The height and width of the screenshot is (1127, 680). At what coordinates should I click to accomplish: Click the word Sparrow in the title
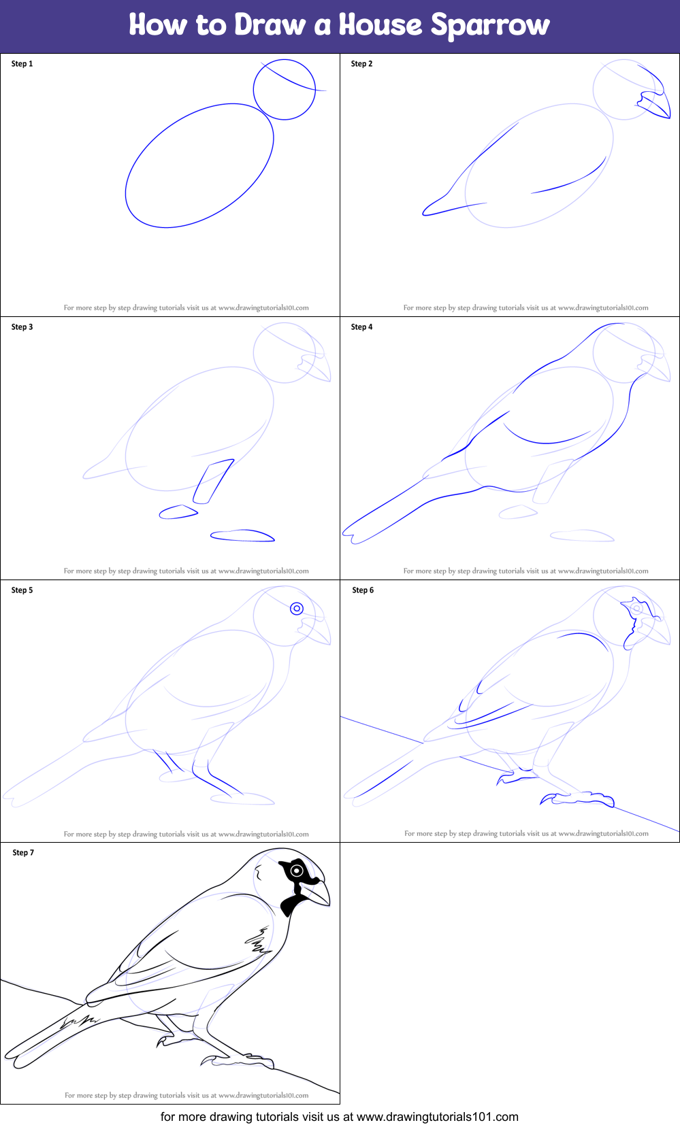(490, 25)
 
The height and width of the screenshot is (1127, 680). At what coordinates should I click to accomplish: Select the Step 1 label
(22, 64)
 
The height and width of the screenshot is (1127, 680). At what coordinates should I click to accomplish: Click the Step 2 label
(361, 64)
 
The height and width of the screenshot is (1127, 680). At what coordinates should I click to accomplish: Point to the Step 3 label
(22, 327)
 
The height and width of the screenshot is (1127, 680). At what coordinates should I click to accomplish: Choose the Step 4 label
(361, 327)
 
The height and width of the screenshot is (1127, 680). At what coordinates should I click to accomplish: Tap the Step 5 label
(22, 590)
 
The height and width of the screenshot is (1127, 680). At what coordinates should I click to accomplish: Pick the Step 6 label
(363, 590)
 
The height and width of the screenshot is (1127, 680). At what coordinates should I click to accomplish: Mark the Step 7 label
(23, 852)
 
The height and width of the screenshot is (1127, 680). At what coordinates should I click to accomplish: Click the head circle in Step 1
(253, 90)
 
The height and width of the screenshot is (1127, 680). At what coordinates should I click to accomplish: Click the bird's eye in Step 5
(297, 609)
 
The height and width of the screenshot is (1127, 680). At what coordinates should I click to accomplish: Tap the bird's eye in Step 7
(297, 871)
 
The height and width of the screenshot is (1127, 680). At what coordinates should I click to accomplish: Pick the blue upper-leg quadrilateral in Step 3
(213, 482)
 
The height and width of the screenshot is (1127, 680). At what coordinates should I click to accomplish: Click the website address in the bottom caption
(437, 1117)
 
